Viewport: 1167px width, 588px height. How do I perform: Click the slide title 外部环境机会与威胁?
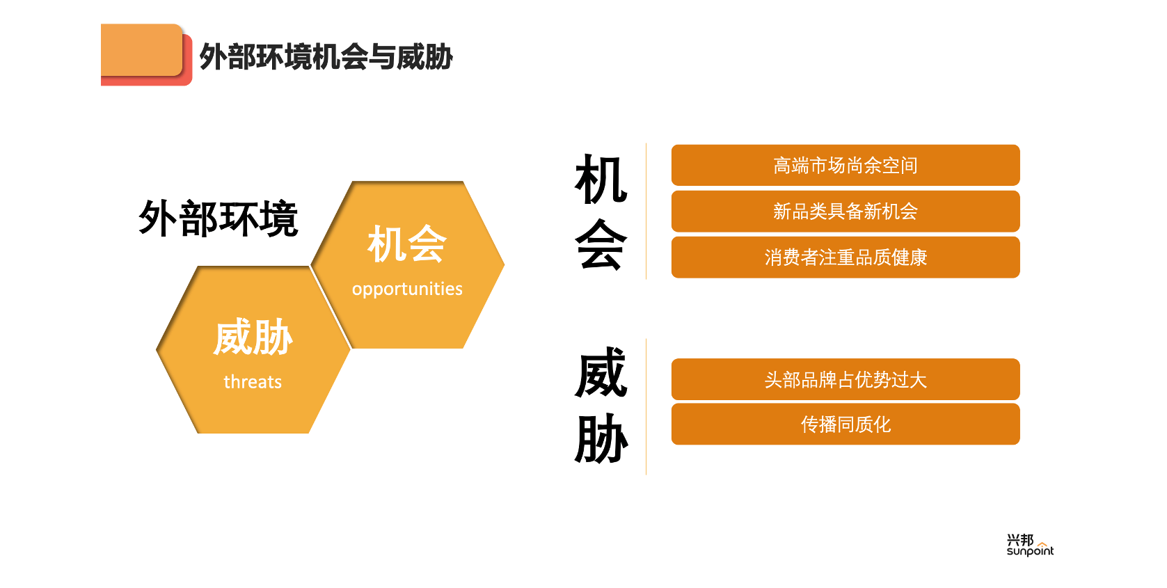[x=326, y=56]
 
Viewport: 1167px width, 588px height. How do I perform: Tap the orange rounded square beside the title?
[x=142, y=50]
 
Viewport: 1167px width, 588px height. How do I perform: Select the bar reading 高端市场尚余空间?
[x=846, y=165]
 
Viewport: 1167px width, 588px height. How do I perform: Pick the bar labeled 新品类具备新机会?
[x=846, y=211]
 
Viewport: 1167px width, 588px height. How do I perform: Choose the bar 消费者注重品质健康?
[x=846, y=257]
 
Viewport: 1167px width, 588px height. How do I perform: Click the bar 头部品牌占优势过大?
[x=846, y=379]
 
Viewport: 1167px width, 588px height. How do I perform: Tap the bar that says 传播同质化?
[x=846, y=424]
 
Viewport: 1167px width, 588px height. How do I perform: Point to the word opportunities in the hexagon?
[x=407, y=289]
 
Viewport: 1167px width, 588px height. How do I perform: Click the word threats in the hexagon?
[x=253, y=382]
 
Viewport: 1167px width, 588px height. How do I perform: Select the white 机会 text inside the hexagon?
[x=407, y=244]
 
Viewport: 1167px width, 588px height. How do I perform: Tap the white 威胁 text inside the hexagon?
[x=253, y=337]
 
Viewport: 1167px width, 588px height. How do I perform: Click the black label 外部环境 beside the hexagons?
[x=219, y=218]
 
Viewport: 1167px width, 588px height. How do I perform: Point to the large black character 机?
[x=601, y=180]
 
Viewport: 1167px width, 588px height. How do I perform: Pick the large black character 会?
[x=601, y=244]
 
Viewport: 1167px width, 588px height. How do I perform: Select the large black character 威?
[x=601, y=372]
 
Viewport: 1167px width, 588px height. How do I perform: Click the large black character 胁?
[x=601, y=438]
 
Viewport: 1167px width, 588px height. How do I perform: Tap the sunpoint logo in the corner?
[x=1030, y=545]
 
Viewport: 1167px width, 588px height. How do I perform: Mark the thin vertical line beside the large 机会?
[x=646, y=211]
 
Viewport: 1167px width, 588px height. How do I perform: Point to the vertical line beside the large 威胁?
[x=646, y=407]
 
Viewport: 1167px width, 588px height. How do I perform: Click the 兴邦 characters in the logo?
[x=1020, y=539]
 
